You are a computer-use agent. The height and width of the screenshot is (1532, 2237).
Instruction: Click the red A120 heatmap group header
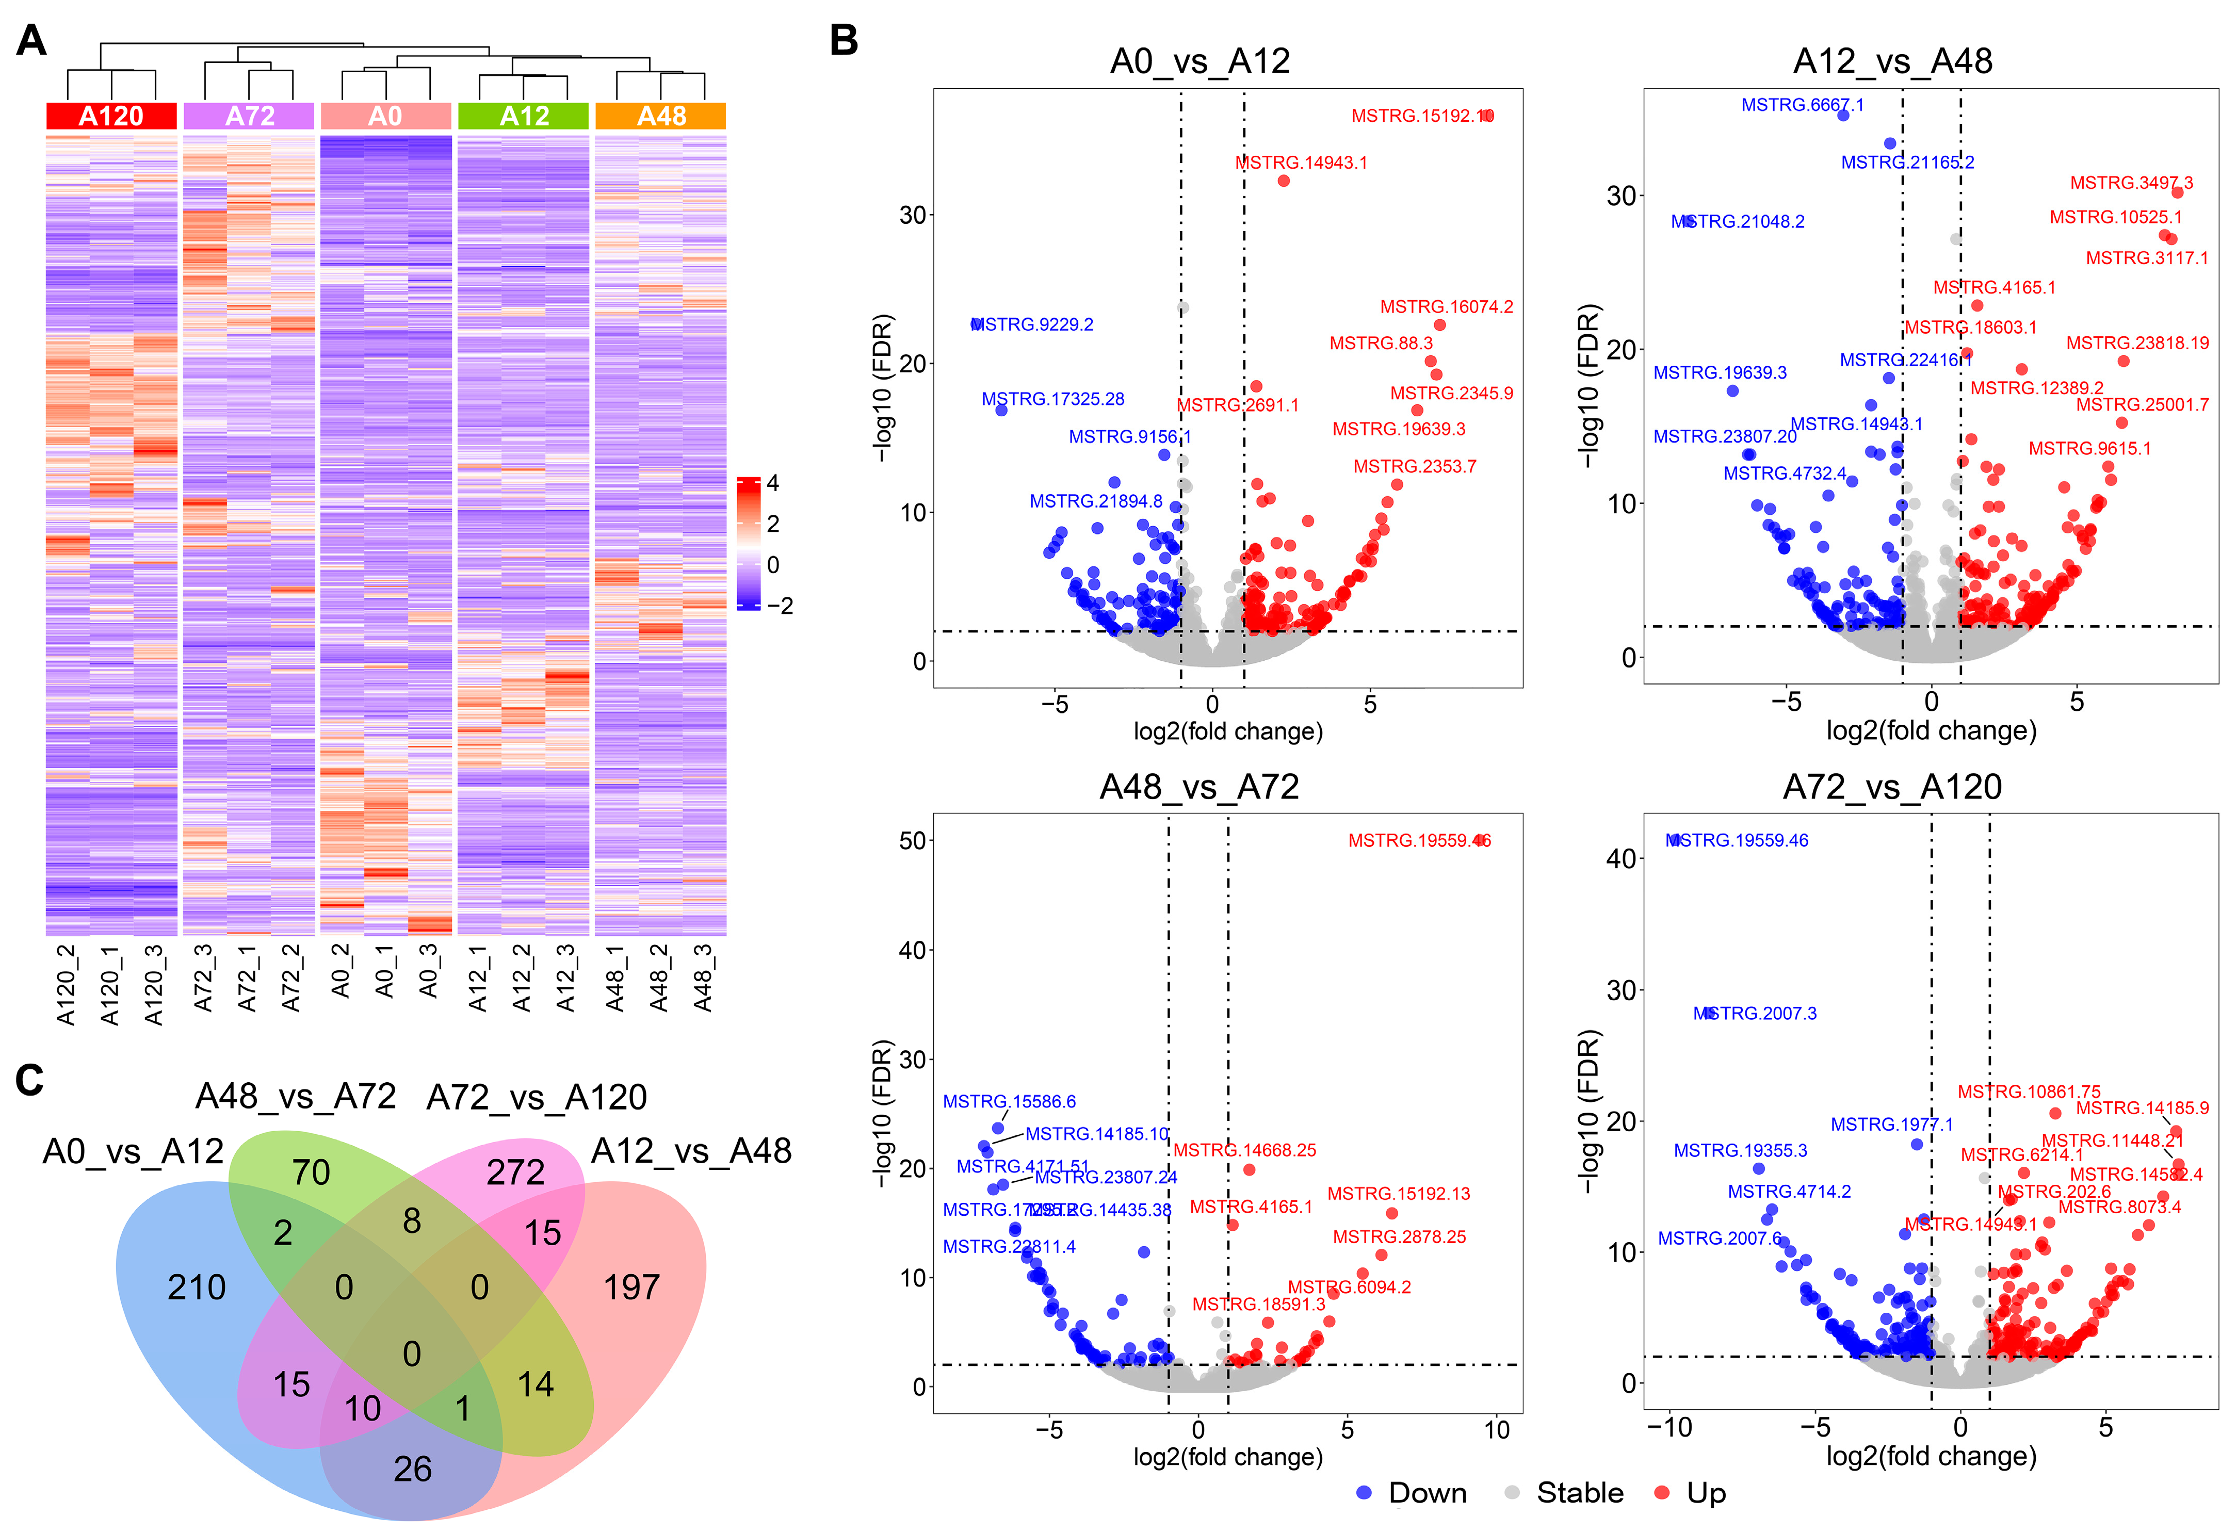111,117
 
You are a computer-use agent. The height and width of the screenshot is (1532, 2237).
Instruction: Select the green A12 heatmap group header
524,117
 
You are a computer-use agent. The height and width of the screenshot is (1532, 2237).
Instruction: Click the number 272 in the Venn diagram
516,1172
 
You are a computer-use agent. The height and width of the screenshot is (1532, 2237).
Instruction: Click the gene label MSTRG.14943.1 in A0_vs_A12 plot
1301,162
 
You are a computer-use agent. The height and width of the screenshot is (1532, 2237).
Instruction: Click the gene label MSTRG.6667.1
1802,105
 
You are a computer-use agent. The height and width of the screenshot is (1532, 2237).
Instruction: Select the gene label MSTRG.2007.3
1755,1013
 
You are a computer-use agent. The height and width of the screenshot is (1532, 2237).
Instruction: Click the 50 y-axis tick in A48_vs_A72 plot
913,841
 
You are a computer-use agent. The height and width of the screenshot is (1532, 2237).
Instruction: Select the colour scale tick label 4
772,483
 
